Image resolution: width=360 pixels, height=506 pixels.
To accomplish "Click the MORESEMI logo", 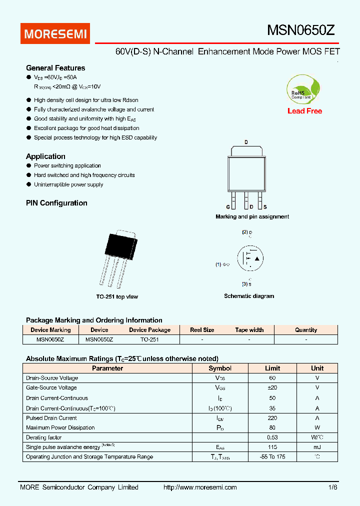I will [55, 33].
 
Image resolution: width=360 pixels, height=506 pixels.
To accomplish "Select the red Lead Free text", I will [304, 111].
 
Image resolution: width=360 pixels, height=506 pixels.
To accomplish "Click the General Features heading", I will [55, 68].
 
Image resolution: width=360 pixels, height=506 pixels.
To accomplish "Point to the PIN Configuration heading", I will [56, 203].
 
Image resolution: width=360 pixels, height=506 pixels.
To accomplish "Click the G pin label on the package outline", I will [227, 207].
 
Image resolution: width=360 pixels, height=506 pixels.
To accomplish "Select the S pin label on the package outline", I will [265, 207].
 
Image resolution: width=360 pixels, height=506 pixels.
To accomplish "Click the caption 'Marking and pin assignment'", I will [252, 216].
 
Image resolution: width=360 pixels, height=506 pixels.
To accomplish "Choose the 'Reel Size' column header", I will [202, 330].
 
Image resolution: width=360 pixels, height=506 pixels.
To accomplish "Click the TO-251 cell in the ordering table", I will [149, 339].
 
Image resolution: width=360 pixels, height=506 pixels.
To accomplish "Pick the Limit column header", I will [272, 368].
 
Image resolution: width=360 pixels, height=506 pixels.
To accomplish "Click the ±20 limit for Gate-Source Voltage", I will [272, 387].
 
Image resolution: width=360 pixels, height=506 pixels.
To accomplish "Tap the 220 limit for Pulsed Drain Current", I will [272, 418].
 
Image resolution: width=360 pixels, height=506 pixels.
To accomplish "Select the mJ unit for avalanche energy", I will [317, 447].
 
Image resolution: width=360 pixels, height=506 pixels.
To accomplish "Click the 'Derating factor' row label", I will [44, 437].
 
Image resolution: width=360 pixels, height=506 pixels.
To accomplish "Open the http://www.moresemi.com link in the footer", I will [200, 487].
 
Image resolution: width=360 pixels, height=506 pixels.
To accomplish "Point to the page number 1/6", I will [333, 487].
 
